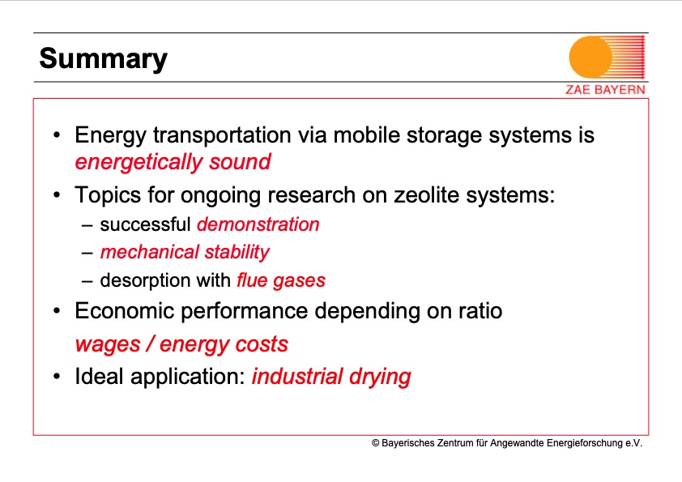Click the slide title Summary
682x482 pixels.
(x=103, y=58)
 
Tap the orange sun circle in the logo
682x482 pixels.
(x=592, y=57)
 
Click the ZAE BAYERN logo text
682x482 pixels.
(x=605, y=90)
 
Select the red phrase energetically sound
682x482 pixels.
(x=173, y=162)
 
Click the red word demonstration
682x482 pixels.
(x=258, y=224)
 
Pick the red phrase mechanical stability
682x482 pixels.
(x=184, y=252)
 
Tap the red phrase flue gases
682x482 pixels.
(x=280, y=280)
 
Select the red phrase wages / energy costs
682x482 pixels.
(x=181, y=344)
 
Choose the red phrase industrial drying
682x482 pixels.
(x=331, y=377)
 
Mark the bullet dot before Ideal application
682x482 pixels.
(x=57, y=377)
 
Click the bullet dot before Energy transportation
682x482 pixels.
(x=57, y=135)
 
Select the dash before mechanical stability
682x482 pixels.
(x=87, y=253)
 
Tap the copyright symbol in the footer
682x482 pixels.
(x=376, y=443)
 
